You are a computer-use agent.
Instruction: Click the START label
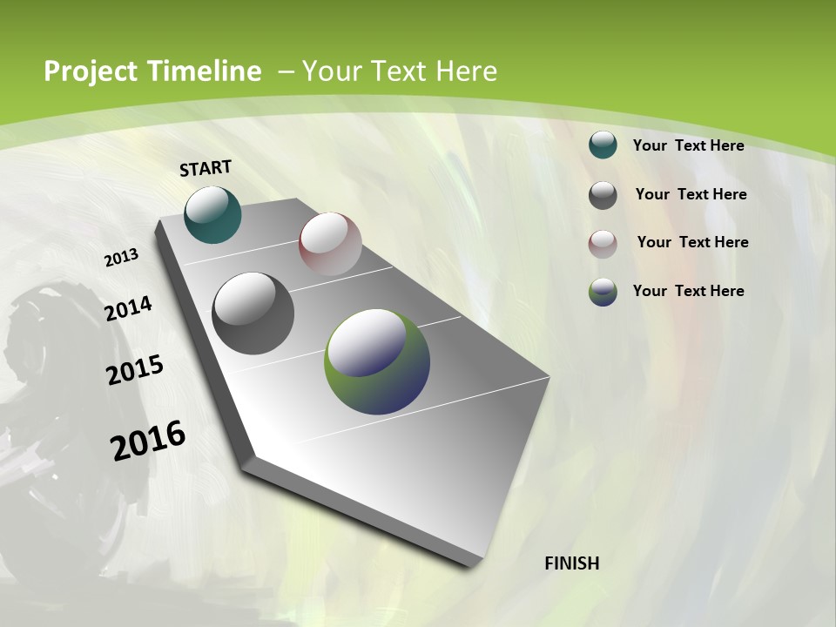click(x=206, y=167)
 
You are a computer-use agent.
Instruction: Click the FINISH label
click(x=572, y=563)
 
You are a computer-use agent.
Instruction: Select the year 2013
click(x=121, y=258)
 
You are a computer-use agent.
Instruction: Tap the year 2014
click(x=128, y=309)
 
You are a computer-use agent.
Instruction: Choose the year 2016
click(x=148, y=441)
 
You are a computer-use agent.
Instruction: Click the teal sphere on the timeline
click(x=212, y=214)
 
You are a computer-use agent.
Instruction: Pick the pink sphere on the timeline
click(x=330, y=244)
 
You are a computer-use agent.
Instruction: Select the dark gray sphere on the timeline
click(x=253, y=313)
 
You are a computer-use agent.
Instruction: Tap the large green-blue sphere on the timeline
click(x=377, y=361)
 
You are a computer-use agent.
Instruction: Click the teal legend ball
click(x=603, y=145)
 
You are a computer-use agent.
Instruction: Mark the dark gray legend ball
click(x=603, y=195)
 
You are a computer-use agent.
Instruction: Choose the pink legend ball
click(x=603, y=244)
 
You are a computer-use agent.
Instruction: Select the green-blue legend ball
click(x=603, y=292)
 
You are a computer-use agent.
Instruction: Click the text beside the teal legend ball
click(x=688, y=145)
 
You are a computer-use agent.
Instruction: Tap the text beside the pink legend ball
click(x=692, y=242)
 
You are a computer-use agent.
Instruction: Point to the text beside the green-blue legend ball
click(x=688, y=291)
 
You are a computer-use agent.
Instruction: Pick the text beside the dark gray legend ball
click(x=691, y=194)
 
